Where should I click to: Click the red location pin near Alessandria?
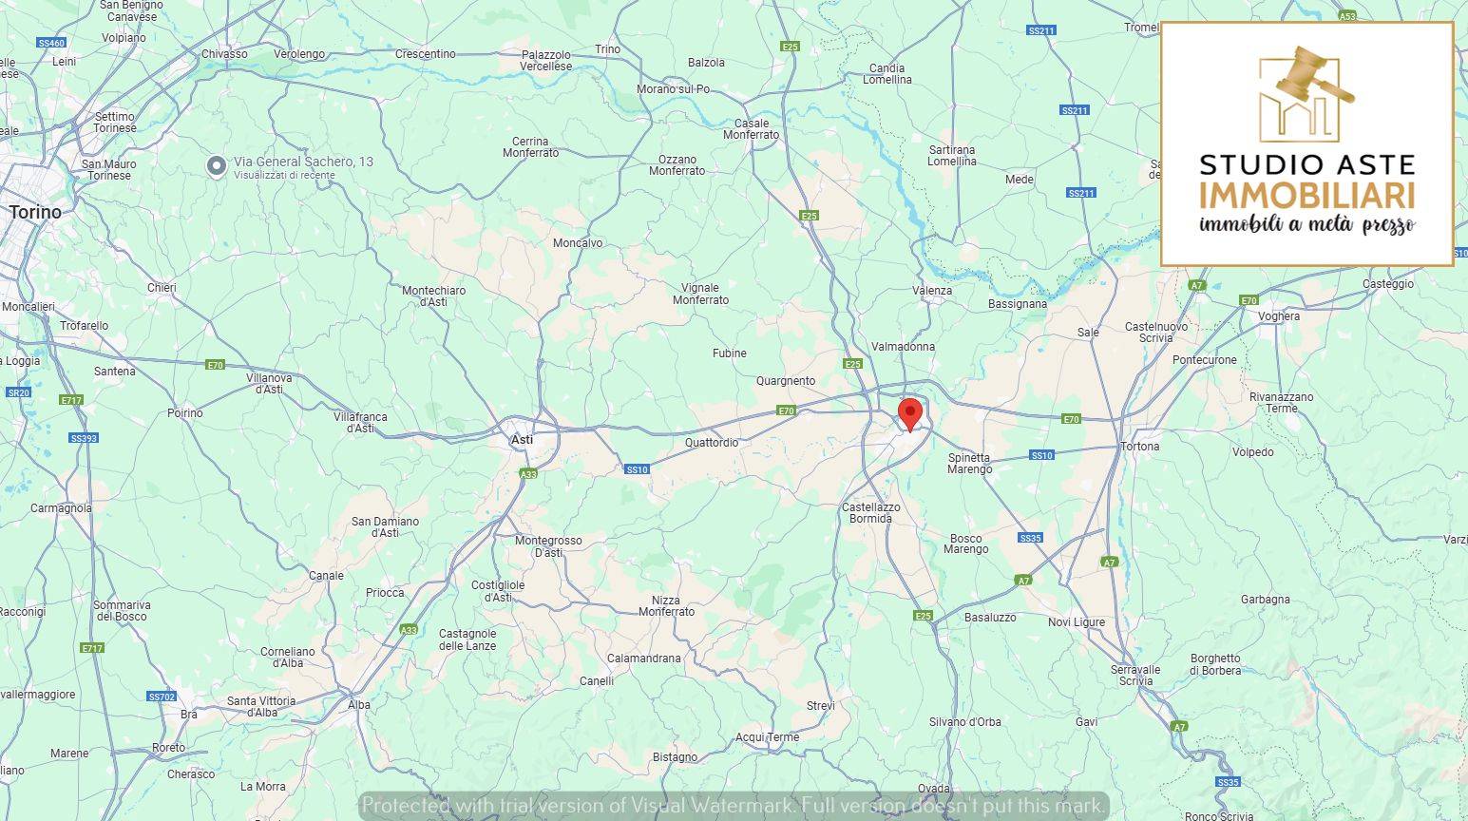pos(910,415)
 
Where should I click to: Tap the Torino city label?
pos(35,212)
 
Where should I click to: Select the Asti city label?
pos(522,440)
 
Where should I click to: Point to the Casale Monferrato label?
pos(751,129)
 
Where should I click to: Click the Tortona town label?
pos(1139,447)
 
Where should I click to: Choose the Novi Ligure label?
pos(1076,622)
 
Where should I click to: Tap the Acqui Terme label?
pos(767,737)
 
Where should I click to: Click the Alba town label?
pos(359,705)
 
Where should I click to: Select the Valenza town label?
pos(931,291)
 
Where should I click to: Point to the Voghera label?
pos(1278,316)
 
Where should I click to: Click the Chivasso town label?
pos(224,54)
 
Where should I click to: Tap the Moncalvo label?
pos(578,243)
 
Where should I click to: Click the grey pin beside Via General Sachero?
pos(217,166)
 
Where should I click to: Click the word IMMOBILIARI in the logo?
pos(1306,197)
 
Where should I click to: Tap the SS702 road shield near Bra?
pos(162,697)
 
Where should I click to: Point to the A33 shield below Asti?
pos(528,474)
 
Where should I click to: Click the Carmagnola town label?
pos(61,508)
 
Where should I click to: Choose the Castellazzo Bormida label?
pos(870,513)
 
